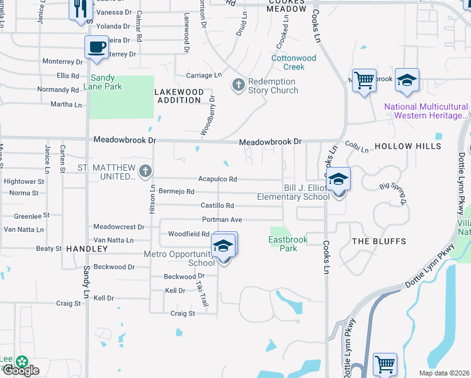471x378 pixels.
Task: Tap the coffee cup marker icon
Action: point(96,47)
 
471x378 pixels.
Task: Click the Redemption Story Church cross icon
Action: point(239,84)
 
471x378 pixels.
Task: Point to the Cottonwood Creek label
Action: point(293,62)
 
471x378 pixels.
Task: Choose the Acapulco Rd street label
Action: point(218,180)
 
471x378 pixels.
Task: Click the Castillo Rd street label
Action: point(217,206)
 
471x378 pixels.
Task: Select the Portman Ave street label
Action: point(222,220)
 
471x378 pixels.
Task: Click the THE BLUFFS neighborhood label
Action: point(378,241)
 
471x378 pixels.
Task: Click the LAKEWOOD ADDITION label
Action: point(180,96)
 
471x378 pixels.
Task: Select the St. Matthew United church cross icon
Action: point(145,171)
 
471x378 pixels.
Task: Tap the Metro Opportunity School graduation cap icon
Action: point(222,247)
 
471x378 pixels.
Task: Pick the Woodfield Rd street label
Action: point(189,234)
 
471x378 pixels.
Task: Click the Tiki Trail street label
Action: point(201,294)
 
